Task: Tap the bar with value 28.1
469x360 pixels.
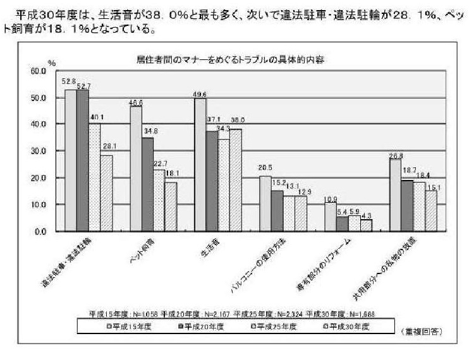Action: point(106,193)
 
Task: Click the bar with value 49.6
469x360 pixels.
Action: point(200,165)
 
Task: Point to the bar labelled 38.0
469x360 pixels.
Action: point(236,180)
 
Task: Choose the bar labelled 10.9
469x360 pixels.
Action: point(330,217)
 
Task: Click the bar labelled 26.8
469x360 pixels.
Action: point(396,195)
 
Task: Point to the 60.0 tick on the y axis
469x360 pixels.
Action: point(39,71)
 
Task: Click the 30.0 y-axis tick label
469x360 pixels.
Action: point(39,152)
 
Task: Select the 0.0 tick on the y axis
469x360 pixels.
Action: point(40,232)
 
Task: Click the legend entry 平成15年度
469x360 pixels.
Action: point(126,326)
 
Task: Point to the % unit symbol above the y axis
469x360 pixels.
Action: point(52,64)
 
